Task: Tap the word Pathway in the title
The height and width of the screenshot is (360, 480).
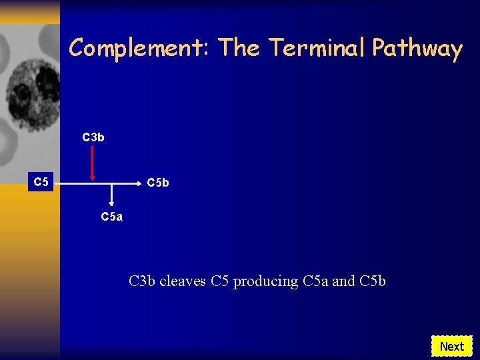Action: coord(417,48)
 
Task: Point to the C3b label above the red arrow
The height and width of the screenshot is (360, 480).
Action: coord(93,137)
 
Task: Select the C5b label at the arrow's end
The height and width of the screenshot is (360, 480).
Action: coord(158,182)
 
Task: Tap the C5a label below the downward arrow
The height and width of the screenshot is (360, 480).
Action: coord(111,217)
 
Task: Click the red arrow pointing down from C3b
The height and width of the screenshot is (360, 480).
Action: coord(93,163)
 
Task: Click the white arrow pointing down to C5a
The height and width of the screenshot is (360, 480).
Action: coord(111,195)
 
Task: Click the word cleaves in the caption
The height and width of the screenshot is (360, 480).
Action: coord(183,281)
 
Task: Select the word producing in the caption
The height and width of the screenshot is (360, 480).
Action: coord(265,281)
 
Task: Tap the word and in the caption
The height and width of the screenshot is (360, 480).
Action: coord(343,281)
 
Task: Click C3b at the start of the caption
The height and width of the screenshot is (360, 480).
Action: coord(142,281)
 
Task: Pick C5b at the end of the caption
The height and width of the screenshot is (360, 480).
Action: coord(372,281)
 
